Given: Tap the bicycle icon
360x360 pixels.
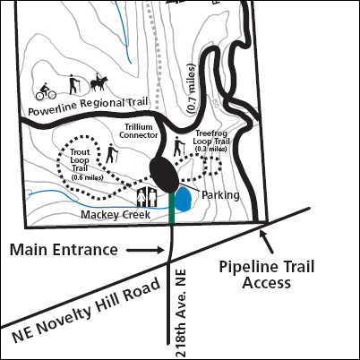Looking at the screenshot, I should (47, 90).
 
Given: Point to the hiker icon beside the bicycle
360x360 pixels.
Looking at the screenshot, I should (73, 86).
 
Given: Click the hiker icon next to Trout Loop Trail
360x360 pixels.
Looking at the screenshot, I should (112, 154).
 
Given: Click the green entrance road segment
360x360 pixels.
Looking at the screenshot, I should (170, 211).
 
